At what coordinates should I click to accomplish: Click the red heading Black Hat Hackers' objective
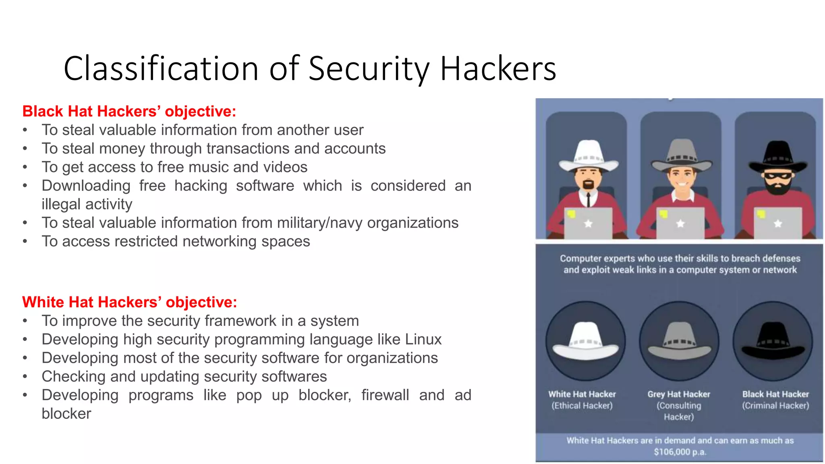[129, 111]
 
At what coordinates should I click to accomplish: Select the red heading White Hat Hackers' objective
[129, 302]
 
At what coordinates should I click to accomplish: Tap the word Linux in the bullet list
[423, 339]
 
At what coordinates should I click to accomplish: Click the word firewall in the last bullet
[385, 395]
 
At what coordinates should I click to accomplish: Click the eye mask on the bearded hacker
[778, 176]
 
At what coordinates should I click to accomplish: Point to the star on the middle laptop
[680, 224]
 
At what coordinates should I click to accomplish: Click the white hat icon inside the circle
[585, 341]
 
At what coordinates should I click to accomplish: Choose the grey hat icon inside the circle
[679, 341]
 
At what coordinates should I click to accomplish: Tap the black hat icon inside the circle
[773, 341]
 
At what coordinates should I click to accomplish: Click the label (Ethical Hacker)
[582, 406]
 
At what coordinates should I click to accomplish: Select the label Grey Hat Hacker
[679, 394]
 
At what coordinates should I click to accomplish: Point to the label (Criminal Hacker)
[775, 406]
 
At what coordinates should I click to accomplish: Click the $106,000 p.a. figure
[680, 452]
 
